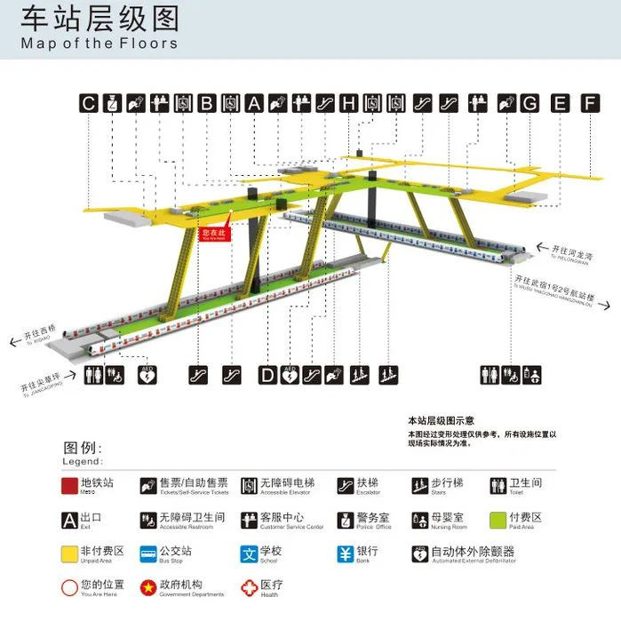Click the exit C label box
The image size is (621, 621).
pyautogui.click(x=88, y=103)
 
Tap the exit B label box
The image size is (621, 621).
pyautogui.click(x=206, y=103)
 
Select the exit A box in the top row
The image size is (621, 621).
pyautogui.click(x=254, y=103)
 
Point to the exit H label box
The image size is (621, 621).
pyautogui.click(x=349, y=103)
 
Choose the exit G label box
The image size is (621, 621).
pyautogui.click(x=530, y=103)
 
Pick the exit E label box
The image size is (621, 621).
pyautogui.click(x=560, y=103)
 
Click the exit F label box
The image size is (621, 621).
pyautogui.click(x=591, y=103)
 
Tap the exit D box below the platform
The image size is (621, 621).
pyautogui.click(x=267, y=375)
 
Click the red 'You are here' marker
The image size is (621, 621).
pyautogui.click(x=215, y=234)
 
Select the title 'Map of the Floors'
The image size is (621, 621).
pyautogui.click(x=99, y=43)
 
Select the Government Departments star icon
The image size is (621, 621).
pyautogui.click(x=148, y=587)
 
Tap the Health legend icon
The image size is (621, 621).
pyautogui.click(x=249, y=587)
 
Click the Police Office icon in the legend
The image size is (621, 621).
pyautogui.click(x=346, y=520)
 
